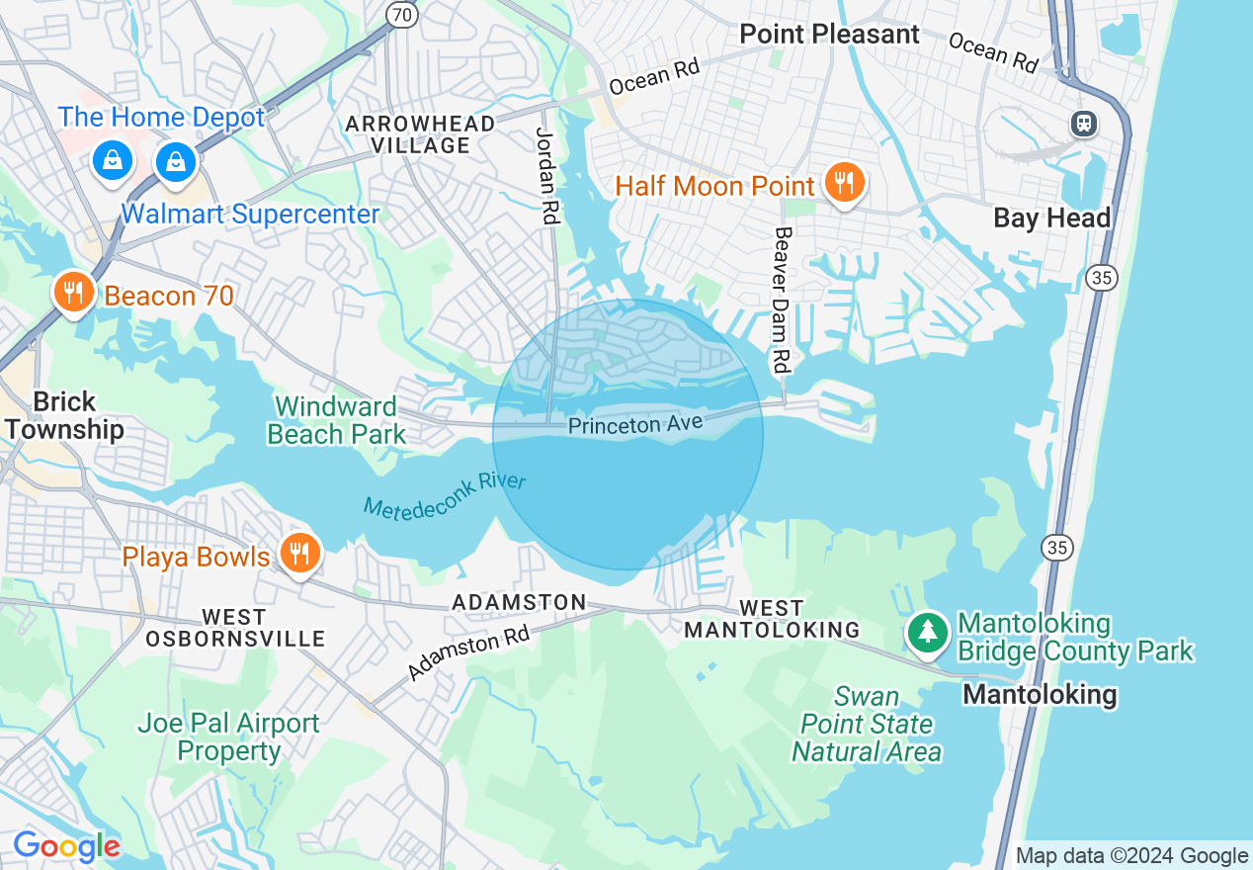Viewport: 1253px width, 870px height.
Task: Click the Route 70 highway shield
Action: point(402,13)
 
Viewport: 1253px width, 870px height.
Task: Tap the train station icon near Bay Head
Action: point(1084,124)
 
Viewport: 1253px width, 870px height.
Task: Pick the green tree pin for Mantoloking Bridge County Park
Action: point(927,632)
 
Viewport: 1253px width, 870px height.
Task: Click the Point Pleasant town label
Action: point(829,34)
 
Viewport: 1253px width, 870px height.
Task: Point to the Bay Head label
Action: point(1051,217)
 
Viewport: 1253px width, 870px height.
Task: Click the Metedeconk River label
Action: point(445,494)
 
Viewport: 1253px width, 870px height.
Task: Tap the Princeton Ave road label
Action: point(634,424)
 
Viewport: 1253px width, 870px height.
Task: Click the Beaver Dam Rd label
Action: point(783,300)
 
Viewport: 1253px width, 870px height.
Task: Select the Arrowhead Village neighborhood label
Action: point(420,134)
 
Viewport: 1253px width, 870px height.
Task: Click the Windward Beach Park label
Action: point(336,420)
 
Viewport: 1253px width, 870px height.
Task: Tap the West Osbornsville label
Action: point(235,628)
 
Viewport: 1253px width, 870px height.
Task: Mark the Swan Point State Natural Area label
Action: point(866,725)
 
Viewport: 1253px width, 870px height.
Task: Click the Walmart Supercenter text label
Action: point(250,215)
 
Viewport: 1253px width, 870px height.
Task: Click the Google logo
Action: point(66,846)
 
